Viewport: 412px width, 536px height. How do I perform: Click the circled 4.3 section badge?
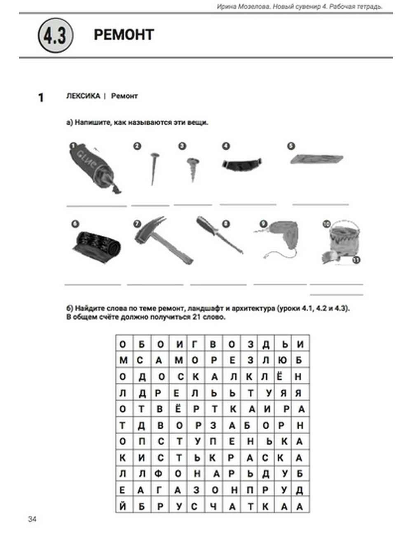coord(55,36)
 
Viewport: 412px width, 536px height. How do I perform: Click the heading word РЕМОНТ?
coord(124,35)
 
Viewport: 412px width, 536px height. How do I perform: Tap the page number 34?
coord(32,519)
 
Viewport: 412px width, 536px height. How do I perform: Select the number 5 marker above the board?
coord(291,146)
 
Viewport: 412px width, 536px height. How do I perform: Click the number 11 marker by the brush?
coord(356,260)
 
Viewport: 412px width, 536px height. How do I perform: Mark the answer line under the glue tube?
coord(96,205)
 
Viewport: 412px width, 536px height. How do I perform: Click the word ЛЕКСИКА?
coord(83,96)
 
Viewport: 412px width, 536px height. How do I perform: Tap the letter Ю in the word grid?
coord(283,360)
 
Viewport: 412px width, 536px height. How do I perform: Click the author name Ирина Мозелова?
coord(243,7)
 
